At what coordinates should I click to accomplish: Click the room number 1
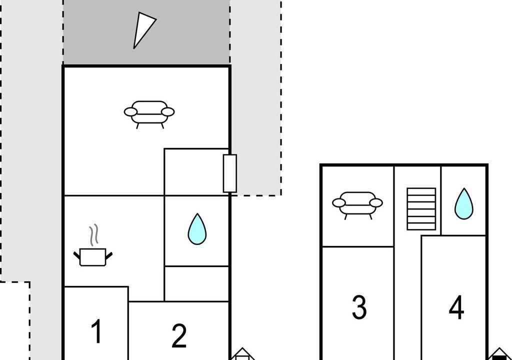pyautogui.click(x=96, y=331)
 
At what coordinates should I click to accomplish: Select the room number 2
pyautogui.click(x=179, y=335)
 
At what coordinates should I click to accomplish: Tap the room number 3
pyautogui.click(x=359, y=307)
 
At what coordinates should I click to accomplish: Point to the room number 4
pyautogui.click(x=456, y=307)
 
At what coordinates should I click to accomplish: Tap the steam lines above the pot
pyautogui.click(x=93, y=234)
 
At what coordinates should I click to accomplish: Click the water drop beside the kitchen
pyautogui.click(x=197, y=229)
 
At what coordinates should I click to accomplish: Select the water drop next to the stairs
pyautogui.click(x=464, y=203)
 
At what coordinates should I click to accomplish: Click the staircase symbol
pyautogui.click(x=421, y=208)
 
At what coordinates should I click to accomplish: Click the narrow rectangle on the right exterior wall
pyautogui.click(x=230, y=173)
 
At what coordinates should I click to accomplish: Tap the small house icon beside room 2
pyautogui.click(x=242, y=354)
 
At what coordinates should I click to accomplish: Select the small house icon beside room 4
pyautogui.click(x=499, y=354)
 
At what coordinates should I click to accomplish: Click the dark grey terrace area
pyautogui.click(x=146, y=32)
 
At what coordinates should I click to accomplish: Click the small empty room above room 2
pyautogui.click(x=196, y=283)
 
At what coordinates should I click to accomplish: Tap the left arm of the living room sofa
pyautogui.click(x=130, y=112)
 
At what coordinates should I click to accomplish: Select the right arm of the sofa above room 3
pyautogui.click(x=376, y=203)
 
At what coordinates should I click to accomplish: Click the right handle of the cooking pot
pyautogui.click(x=109, y=255)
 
